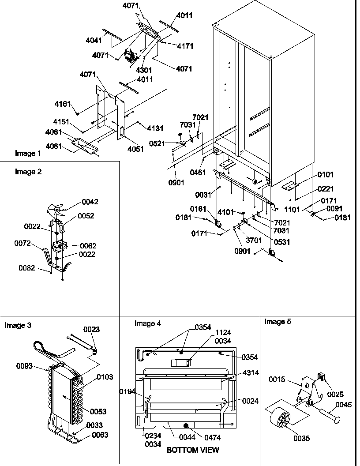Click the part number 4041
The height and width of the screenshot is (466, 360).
click(x=94, y=41)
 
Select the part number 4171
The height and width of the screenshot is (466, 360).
click(x=185, y=46)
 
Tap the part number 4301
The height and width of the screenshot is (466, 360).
click(x=144, y=70)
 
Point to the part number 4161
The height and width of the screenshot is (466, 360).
click(x=62, y=104)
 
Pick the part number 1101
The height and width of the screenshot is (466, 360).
click(x=292, y=209)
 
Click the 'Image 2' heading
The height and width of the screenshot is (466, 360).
click(x=28, y=172)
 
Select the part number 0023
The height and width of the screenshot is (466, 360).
click(x=91, y=329)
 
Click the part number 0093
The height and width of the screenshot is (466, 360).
click(x=25, y=366)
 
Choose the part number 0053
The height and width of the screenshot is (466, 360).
click(x=98, y=411)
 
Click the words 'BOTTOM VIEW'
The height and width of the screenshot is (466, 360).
click(x=192, y=450)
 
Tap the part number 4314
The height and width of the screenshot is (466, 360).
click(x=250, y=373)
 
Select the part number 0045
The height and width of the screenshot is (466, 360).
click(x=344, y=404)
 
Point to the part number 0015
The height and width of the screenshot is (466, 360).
click(x=278, y=380)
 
